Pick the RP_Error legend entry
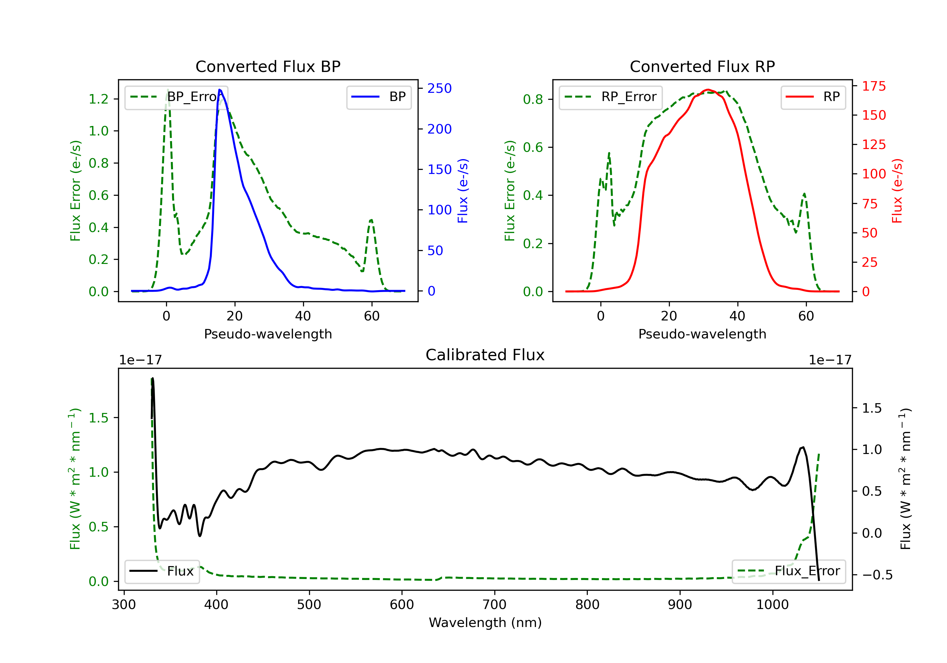[x=610, y=97]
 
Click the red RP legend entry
[x=813, y=97]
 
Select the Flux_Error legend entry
[x=789, y=571]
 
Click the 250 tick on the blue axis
[x=439, y=88]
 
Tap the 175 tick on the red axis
[x=873, y=86]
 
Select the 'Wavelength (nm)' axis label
[x=485, y=623]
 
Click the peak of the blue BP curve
[x=220, y=90]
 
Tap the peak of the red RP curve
[x=708, y=90]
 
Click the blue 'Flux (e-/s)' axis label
[x=463, y=191]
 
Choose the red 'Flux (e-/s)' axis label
[x=897, y=191]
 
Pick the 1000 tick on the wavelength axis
[x=772, y=605]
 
